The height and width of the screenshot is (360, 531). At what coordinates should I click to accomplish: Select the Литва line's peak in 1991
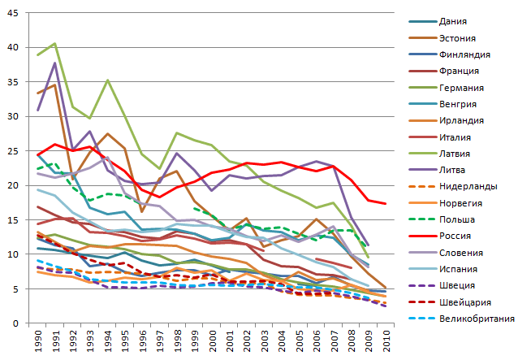click(x=55, y=63)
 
